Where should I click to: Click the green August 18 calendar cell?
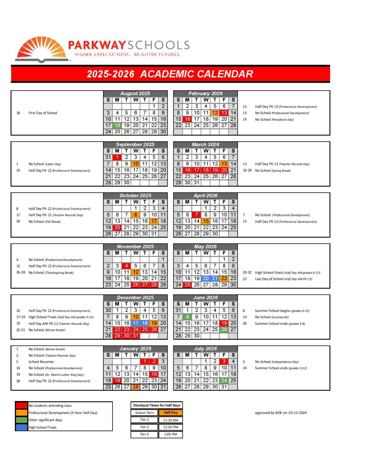click(x=117, y=125)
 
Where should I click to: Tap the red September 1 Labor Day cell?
click(x=117, y=157)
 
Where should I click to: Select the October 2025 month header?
click(x=135, y=196)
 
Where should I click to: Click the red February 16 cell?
click(x=187, y=119)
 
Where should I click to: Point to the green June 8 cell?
click(x=187, y=317)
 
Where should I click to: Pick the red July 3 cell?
click(x=224, y=361)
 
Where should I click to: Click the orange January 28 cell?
click(x=136, y=387)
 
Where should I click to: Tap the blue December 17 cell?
click(x=136, y=323)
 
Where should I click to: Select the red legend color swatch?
click(x=22, y=406)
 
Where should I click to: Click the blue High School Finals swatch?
click(x=22, y=427)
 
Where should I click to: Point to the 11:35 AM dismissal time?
click(x=171, y=420)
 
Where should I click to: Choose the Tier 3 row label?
click(x=144, y=435)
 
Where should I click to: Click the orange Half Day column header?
click(x=171, y=413)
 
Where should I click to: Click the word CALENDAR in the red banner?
click(x=225, y=74)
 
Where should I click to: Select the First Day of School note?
click(x=43, y=113)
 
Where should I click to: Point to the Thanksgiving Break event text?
click(x=51, y=273)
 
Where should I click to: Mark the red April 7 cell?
click(x=196, y=215)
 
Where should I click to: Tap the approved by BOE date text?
click(x=280, y=413)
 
